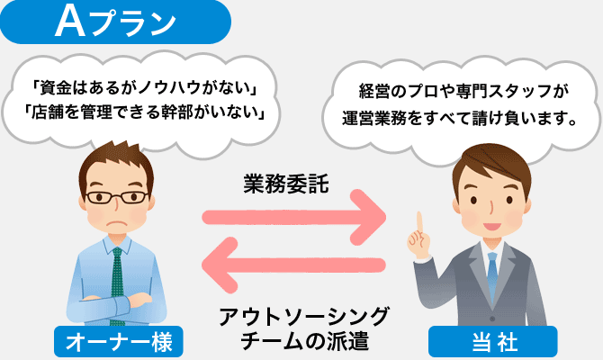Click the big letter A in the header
70,22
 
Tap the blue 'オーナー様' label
119,341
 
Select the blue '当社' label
493,341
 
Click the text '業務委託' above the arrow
286,183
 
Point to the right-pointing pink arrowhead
368,217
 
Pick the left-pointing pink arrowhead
220,265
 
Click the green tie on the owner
117,285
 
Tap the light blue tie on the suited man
492,272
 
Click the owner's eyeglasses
117,197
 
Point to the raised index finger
419,223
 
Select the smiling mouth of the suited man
492,226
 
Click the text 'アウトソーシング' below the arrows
304,316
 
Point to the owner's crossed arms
116,304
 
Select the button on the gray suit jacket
492,319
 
